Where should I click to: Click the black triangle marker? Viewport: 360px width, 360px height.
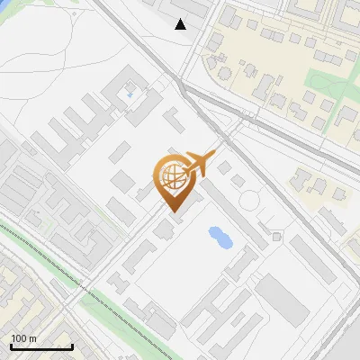(181, 24)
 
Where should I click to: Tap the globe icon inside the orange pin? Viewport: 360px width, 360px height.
(173, 178)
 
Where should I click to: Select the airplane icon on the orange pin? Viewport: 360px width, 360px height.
(200, 164)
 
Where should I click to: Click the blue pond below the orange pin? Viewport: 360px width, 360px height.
(219, 238)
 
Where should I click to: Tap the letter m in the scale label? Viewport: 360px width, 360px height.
(32, 338)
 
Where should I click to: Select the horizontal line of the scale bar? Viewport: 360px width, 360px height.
(40, 346)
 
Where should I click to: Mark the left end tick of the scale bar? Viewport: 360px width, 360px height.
(10, 345)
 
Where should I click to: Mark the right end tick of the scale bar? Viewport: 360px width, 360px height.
(72, 345)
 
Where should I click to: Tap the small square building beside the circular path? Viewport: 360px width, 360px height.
(276, 236)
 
